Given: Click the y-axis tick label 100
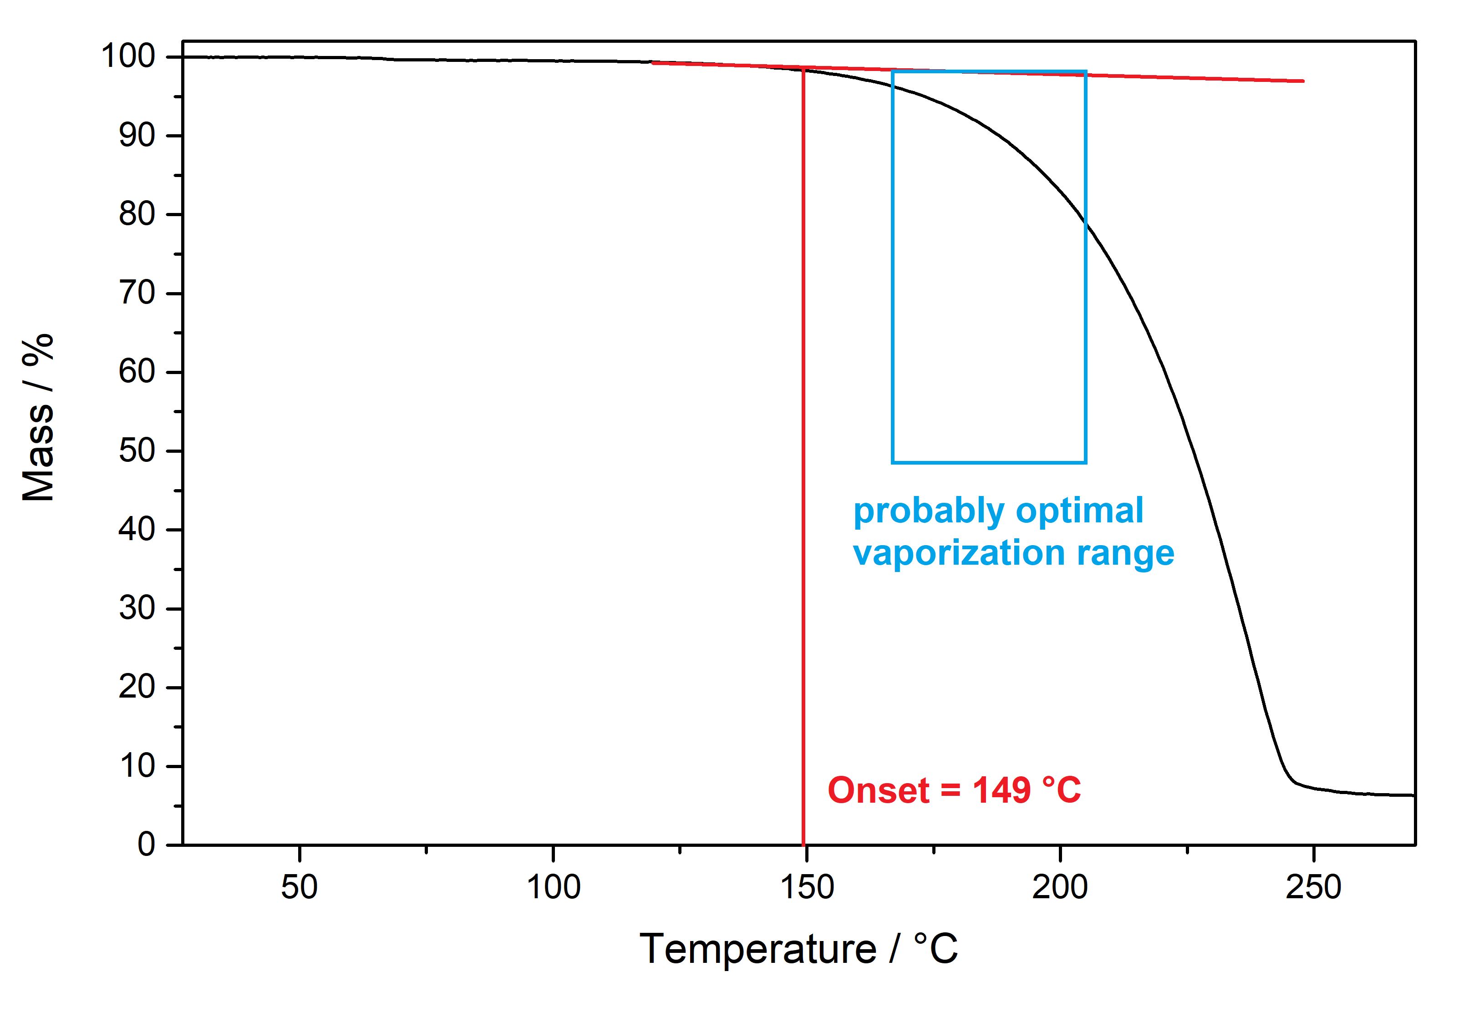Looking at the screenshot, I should pyautogui.click(x=127, y=56).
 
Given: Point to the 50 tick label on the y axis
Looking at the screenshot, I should pyautogui.click(x=137, y=451).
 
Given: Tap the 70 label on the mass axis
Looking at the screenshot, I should pyautogui.click(x=137, y=293).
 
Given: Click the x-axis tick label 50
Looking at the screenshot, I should pyautogui.click(x=300, y=886).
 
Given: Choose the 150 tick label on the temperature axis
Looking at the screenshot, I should pyautogui.click(x=806, y=886).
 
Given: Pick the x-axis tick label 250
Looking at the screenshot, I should pyautogui.click(x=1313, y=886).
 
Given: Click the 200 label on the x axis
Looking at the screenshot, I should pyautogui.click(x=1059, y=886).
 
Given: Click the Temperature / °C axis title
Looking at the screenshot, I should pyautogui.click(x=798, y=949).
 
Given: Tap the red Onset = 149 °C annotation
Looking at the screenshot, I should pyautogui.click(x=954, y=790).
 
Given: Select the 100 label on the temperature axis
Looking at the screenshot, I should pyautogui.click(x=553, y=886).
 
